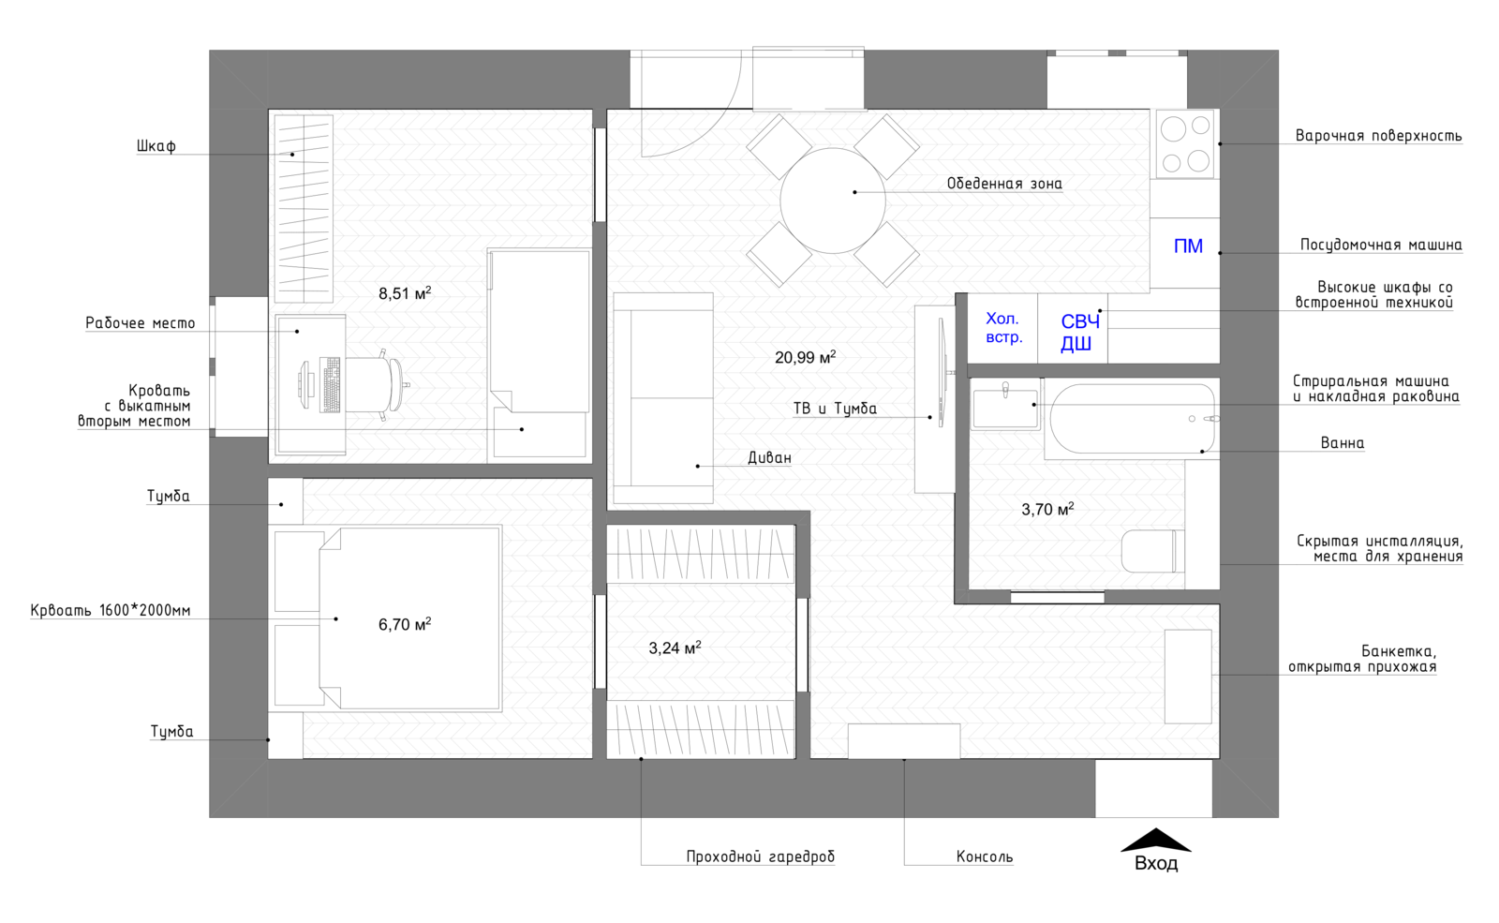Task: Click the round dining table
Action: [x=833, y=201]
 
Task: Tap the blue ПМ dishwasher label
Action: [x=1188, y=246]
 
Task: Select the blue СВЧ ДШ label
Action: [x=1078, y=333]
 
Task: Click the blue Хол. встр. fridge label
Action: [x=1003, y=328]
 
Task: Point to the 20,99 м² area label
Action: [x=805, y=357]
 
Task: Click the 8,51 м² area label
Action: [x=405, y=293]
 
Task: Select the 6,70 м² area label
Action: [x=405, y=624]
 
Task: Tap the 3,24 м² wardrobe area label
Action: [x=675, y=648]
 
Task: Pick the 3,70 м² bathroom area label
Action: [x=1047, y=510]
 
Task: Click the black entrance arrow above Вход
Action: [x=1156, y=840]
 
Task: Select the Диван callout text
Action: [x=769, y=458]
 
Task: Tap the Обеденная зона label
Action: [x=1004, y=184]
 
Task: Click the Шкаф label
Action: [x=156, y=146]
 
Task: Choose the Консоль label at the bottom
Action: [x=985, y=856]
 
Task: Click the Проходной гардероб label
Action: [x=761, y=856]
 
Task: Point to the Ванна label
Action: [x=1343, y=443]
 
